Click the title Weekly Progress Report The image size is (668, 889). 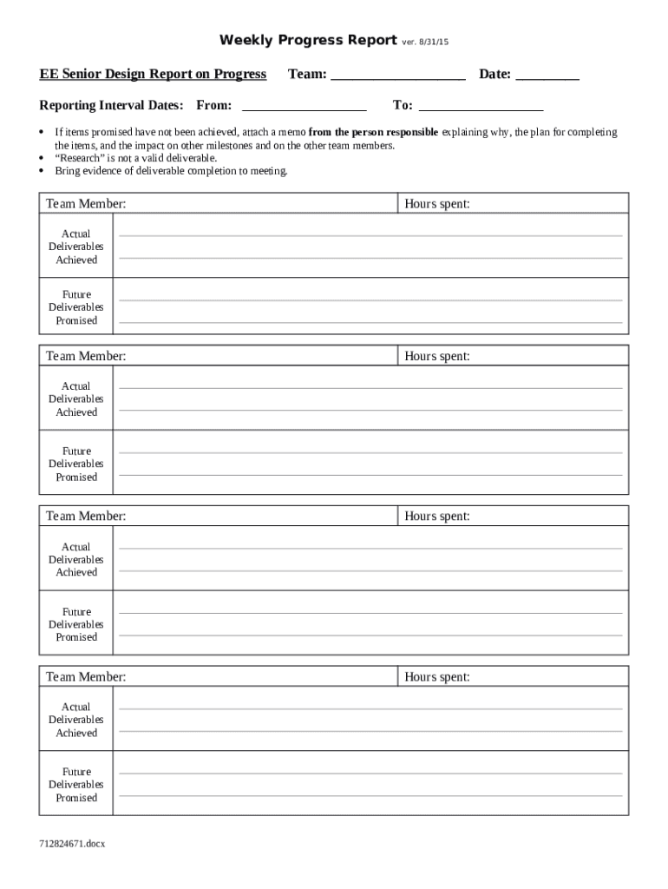pos(308,40)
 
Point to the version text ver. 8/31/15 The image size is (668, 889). pos(425,42)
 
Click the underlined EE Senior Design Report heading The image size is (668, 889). pos(153,75)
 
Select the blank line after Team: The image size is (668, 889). pos(398,76)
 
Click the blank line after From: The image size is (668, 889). pos(304,106)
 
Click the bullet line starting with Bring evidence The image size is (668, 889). pos(171,172)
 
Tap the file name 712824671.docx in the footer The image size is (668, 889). pos(72,843)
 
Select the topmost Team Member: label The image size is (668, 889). pos(86,204)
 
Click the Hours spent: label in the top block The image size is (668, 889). pos(437,204)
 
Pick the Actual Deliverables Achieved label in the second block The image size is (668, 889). pos(76,399)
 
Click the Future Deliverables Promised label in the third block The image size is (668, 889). pos(76,624)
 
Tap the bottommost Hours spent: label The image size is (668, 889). pos(437,677)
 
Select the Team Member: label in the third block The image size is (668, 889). pos(86,517)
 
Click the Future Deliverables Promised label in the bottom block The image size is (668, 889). pos(76,785)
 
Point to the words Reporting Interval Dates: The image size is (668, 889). pos(111,106)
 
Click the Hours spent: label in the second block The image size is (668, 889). pos(437,357)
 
